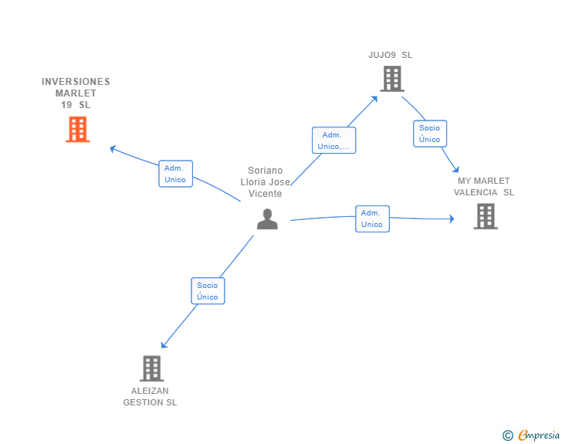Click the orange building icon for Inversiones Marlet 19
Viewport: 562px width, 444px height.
tap(77, 129)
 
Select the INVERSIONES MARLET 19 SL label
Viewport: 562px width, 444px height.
tap(76, 93)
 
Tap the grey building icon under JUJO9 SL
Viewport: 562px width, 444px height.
tap(391, 78)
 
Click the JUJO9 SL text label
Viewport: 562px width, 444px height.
tap(391, 55)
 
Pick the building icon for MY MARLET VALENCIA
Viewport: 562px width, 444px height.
tap(485, 216)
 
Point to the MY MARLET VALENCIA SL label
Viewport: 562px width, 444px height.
tap(484, 187)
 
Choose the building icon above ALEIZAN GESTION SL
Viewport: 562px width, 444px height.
tap(151, 368)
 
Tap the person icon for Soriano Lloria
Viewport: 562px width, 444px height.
tap(267, 219)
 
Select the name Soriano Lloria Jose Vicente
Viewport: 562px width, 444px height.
tap(266, 182)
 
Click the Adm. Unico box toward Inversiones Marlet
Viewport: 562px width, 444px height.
tap(175, 174)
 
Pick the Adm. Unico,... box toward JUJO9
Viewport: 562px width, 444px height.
tap(333, 141)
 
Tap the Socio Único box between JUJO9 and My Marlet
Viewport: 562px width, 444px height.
tap(429, 134)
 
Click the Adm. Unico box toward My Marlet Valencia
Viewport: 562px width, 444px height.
tap(372, 219)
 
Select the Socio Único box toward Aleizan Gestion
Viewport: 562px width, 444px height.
tap(208, 291)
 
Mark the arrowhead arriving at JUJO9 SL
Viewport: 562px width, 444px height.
tap(375, 98)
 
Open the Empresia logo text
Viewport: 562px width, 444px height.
tap(539, 436)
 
